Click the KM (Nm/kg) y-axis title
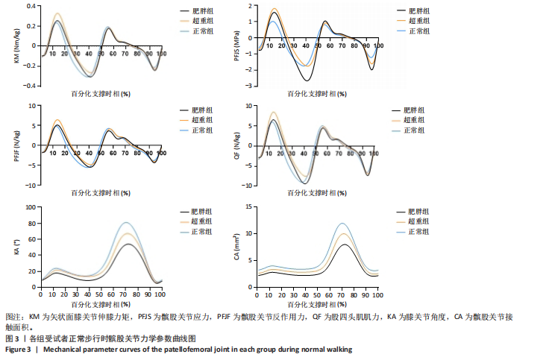pyautogui.click(x=16, y=46)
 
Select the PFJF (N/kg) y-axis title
pyautogui.click(x=16, y=145)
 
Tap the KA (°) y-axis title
pyautogui.click(x=16, y=247)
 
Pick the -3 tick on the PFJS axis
pyautogui.click(x=254, y=86)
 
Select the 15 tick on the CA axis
pyautogui.click(x=251, y=207)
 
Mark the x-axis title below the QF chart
pyautogui.click(x=319, y=194)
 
